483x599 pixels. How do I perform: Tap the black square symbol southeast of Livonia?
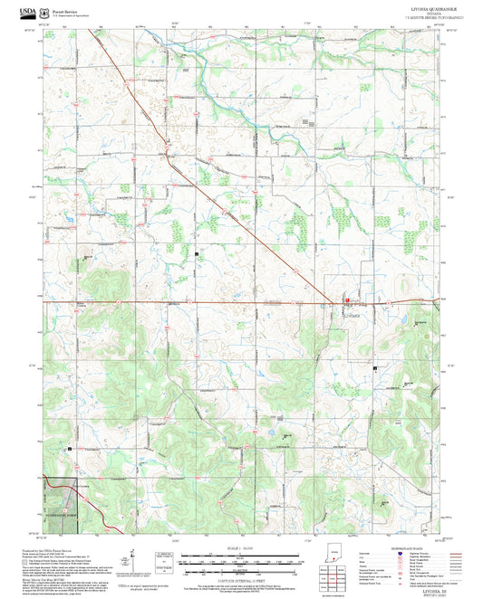pyautogui.click(x=374, y=368)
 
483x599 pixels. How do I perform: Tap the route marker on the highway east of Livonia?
pyautogui.click(x=390, y=301)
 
